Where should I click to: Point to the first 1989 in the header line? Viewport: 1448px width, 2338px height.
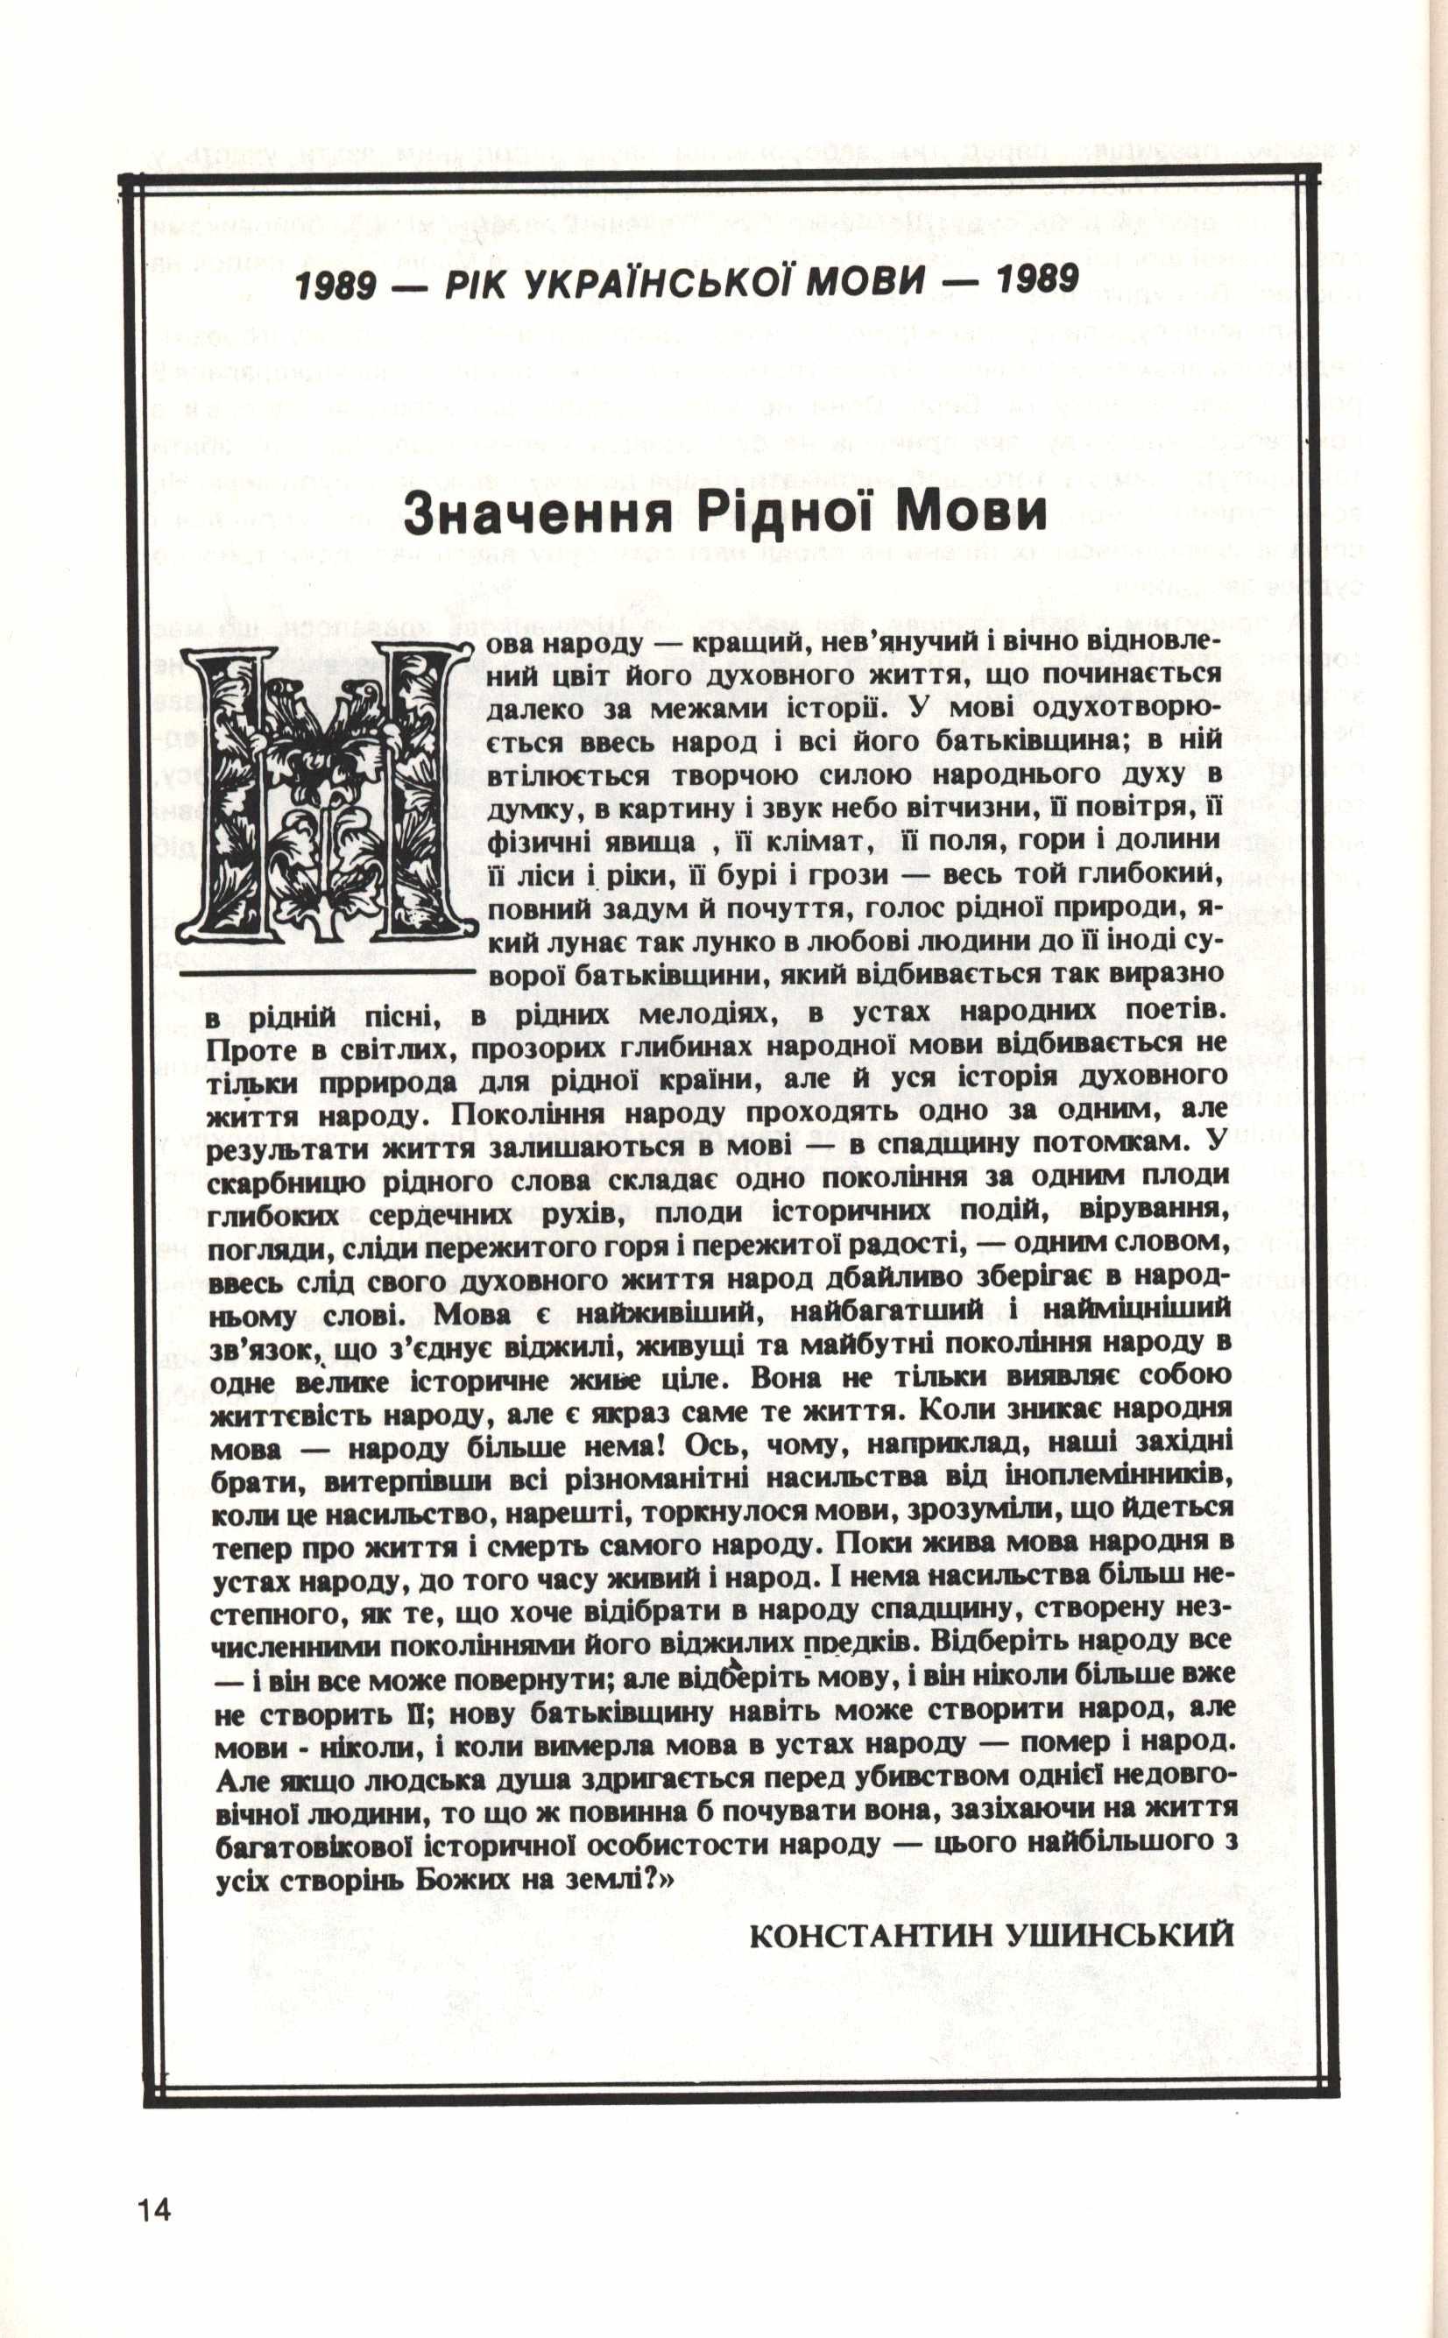point(336,284)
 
